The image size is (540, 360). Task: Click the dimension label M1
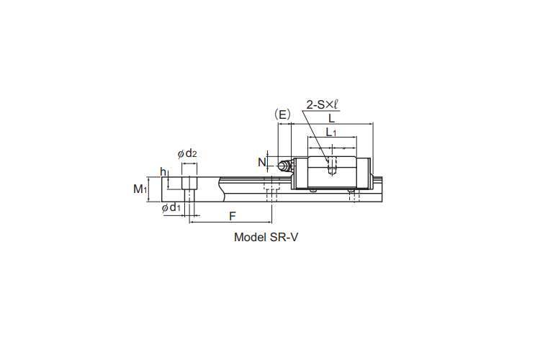click(140, 189)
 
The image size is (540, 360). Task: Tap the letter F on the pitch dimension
click(233, 216)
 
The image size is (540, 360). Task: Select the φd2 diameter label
click(187, 153)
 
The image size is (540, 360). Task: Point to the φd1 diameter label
click(171, 207)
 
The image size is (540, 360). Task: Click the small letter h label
click(163, 171)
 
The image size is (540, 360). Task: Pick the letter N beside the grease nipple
click(262, 162)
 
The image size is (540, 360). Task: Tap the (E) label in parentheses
click(282, 114)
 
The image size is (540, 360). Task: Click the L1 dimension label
click(331, 132)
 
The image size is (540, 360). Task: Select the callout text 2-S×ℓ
click(322, 104)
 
